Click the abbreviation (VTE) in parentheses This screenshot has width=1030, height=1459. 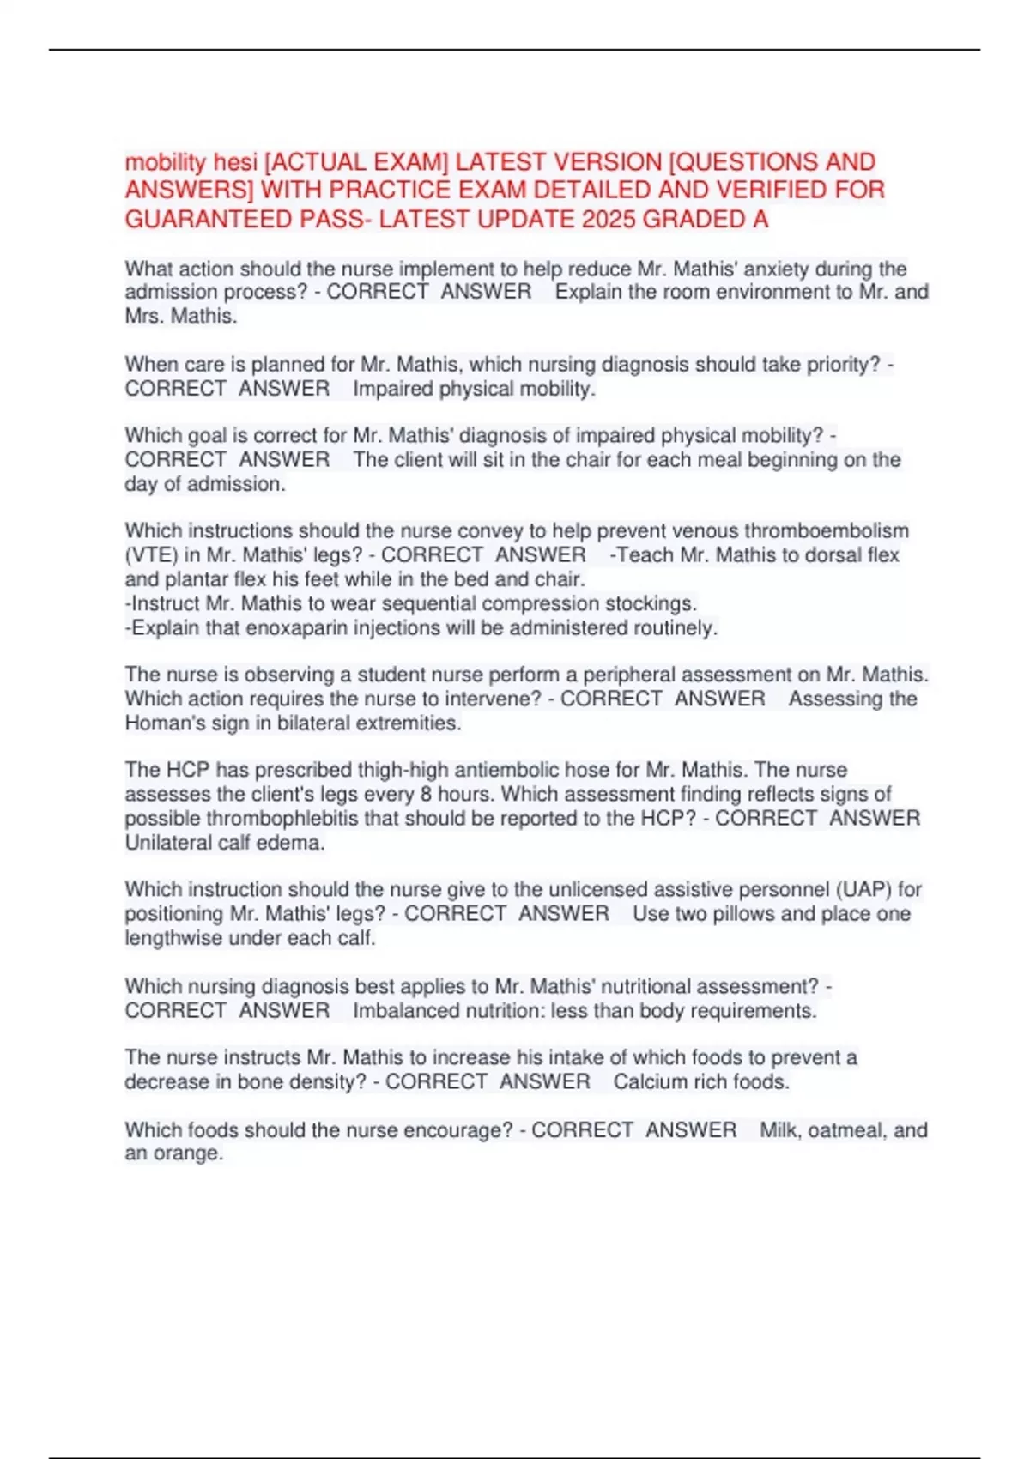tap(151, 555)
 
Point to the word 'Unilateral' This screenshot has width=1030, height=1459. tap(167, 842)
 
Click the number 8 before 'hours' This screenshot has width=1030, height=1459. tap(426, 794)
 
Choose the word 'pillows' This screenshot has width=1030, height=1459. tap(720, 913)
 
